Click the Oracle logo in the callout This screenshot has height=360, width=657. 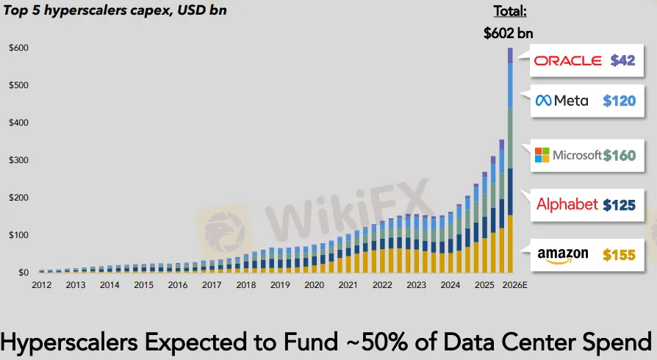(567, 61)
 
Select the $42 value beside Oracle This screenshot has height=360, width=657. (622, 61)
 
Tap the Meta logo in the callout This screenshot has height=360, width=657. (562, 101)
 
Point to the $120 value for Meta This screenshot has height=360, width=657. (619, 101)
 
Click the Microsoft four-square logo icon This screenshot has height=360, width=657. (542, 155)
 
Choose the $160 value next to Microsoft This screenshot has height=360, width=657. (619, 155)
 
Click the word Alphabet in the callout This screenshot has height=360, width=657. (567, 205)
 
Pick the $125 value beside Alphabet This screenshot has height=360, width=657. (619, 205)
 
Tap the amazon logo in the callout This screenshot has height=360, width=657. (563, 255)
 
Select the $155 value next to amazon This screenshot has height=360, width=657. (619, 255)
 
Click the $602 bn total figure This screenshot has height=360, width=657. (509, 33)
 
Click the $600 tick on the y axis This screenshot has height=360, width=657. (18, 48)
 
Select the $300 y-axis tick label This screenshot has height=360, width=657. (18, 160)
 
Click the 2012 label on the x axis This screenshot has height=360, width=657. (42, 285)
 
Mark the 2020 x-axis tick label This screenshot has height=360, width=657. (314, 285)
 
